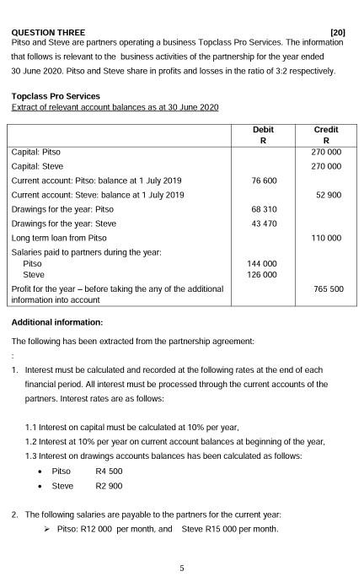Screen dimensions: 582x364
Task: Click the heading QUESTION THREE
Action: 49,32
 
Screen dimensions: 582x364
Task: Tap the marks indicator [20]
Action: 337,32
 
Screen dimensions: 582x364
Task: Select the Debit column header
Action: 263,130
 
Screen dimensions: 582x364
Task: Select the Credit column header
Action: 325,130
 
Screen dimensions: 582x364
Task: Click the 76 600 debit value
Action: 263,181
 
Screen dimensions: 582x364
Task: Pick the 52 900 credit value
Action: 328,195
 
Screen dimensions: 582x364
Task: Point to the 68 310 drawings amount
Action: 263,209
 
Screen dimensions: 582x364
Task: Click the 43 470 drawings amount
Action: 263,224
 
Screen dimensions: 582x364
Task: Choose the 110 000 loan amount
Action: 326,238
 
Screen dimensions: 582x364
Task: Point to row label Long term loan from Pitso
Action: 59,238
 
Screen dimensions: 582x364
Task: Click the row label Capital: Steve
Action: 38,166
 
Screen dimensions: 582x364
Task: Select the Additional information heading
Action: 57,322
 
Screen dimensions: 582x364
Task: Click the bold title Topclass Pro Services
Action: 56,96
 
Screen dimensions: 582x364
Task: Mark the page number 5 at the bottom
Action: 181,568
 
